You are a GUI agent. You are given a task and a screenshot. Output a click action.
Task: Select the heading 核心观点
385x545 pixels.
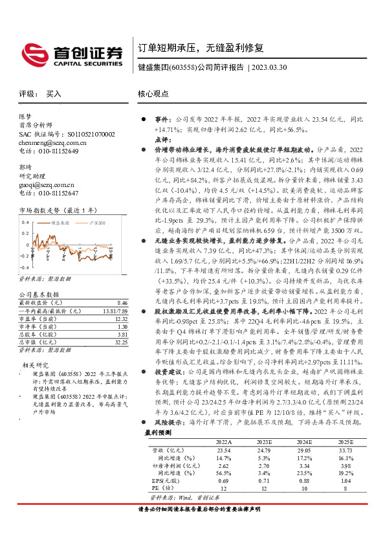[x=153, y=93]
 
